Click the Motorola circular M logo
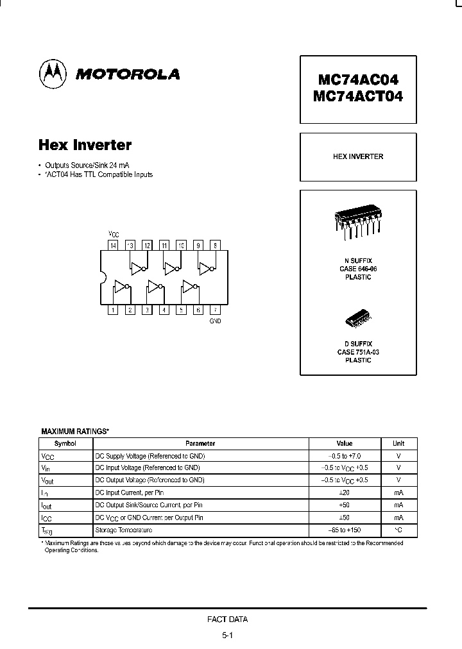[54, 74]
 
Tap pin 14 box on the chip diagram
[113, 245]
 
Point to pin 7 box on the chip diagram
[215, 310]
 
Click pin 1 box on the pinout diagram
[113, 310]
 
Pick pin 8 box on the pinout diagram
[215, 245]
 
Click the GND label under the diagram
[215, 321]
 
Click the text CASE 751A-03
[358, 352]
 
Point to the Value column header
[345, 443]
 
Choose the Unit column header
[398, 443]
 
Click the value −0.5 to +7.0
[345, 455]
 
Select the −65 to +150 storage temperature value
[345, 530]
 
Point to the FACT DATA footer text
[228, 619]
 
